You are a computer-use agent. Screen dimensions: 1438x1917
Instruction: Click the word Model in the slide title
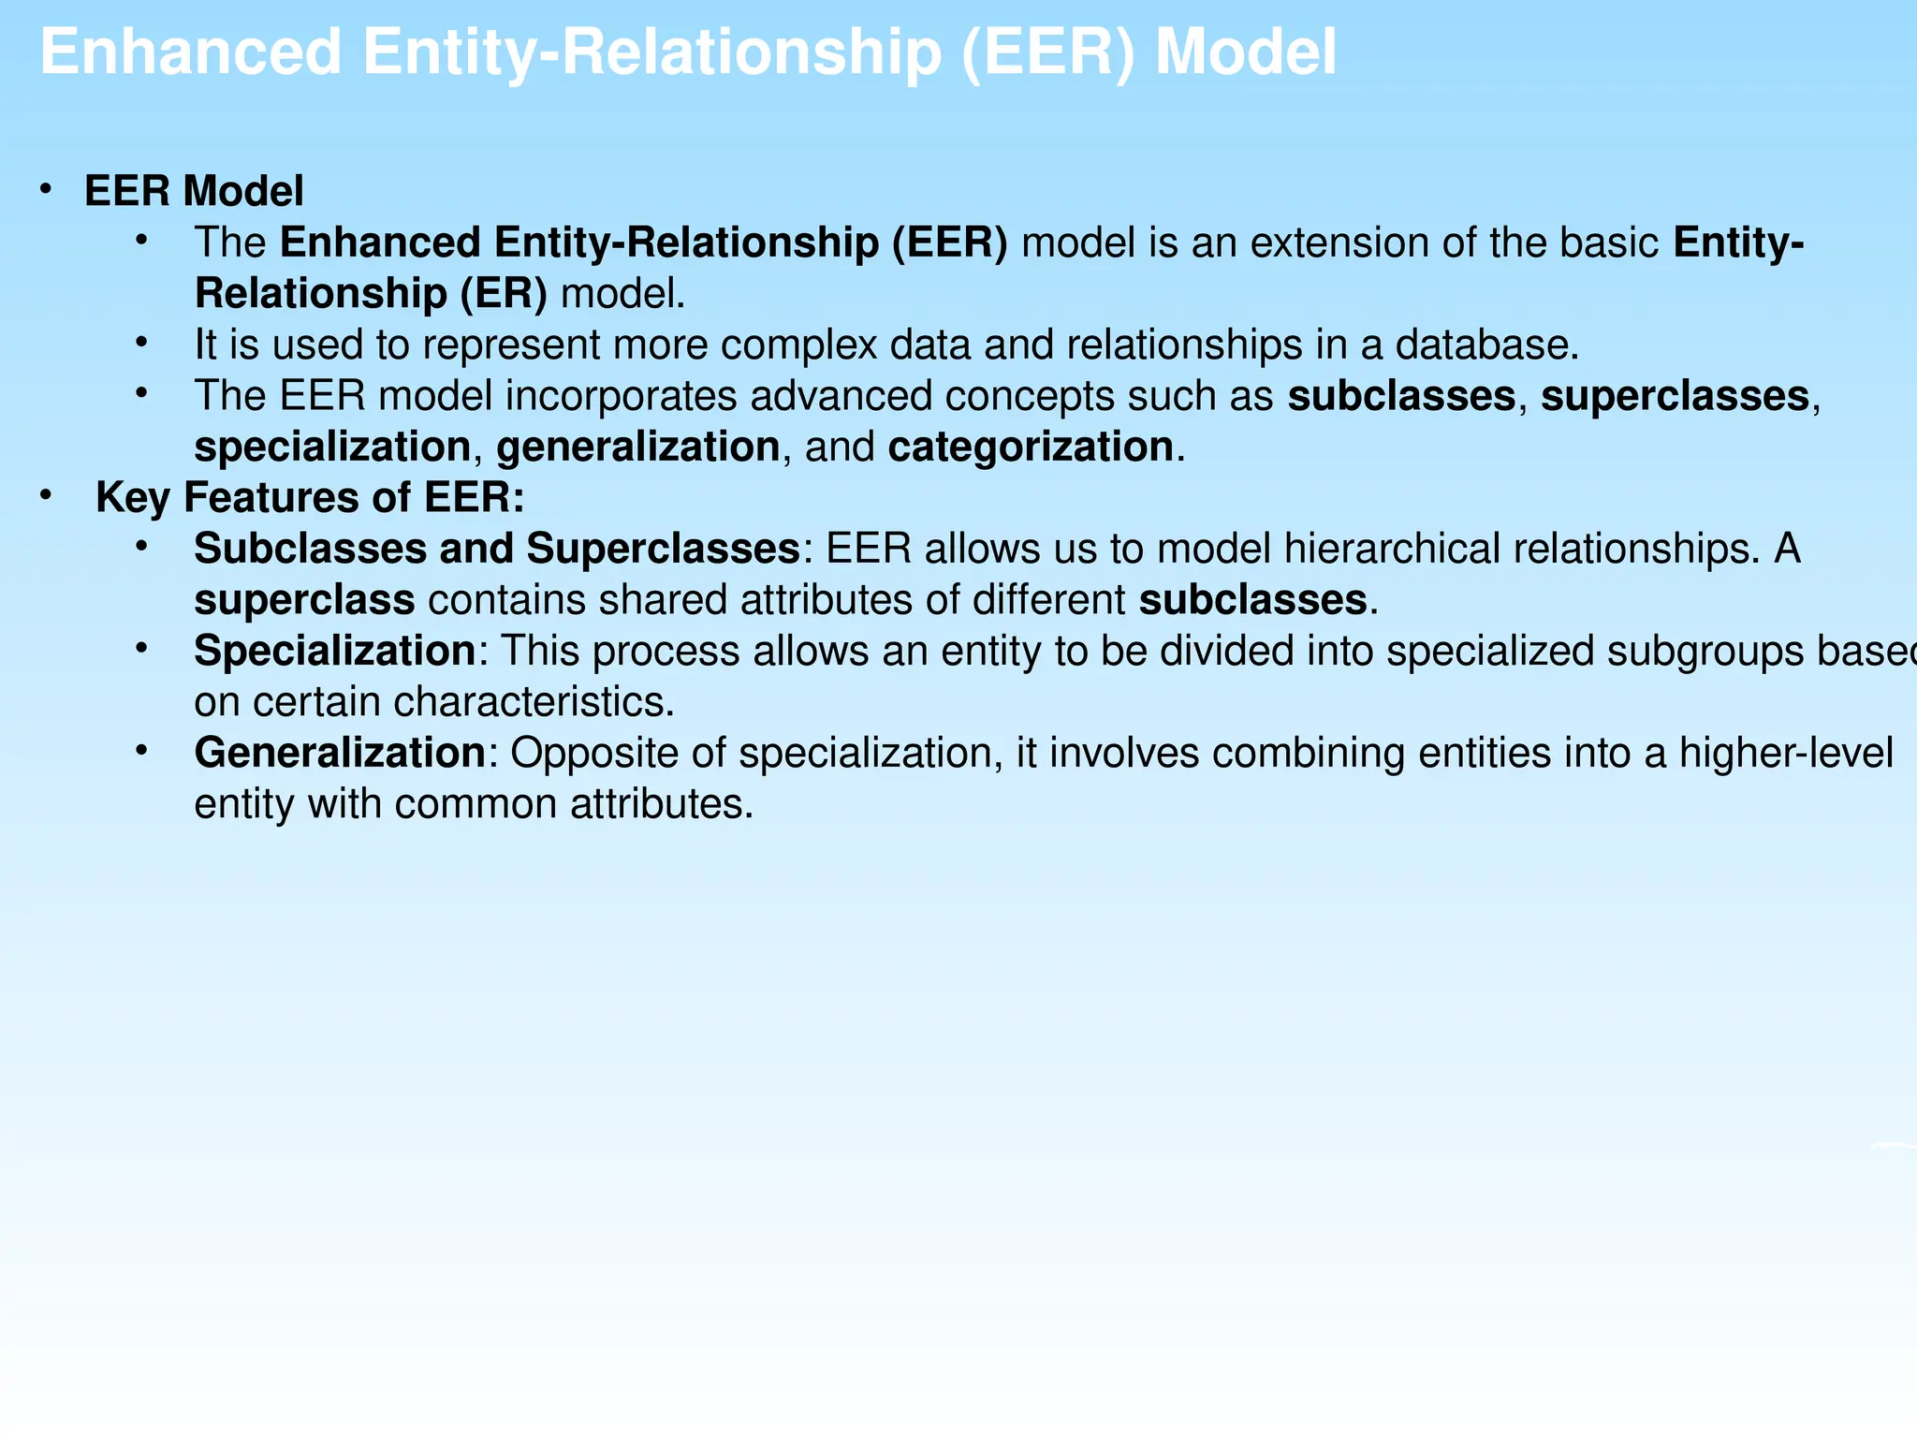point(1246,53)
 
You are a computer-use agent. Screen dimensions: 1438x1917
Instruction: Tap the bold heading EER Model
point(194,192)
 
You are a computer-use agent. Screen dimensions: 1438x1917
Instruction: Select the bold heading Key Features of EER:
point(310,498)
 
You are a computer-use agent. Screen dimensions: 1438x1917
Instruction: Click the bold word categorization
point(1031,448)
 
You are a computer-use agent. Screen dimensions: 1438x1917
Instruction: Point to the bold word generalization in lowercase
point(637,448)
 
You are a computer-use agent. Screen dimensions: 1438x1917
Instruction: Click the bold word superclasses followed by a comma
point(1675,397)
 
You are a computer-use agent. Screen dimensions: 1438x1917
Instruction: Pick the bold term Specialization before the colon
point(334,652)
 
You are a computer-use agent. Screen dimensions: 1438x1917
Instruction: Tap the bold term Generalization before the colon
point(339,754)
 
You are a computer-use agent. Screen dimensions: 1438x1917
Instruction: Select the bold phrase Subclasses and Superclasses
point(497,550)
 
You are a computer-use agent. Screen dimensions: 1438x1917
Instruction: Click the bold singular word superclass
point(304,601)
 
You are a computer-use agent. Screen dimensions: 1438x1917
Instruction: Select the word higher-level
point(1785,754)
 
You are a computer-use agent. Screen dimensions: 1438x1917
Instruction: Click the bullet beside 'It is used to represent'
point(141,344)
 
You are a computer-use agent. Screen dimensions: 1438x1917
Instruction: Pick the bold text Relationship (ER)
point(371,295)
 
